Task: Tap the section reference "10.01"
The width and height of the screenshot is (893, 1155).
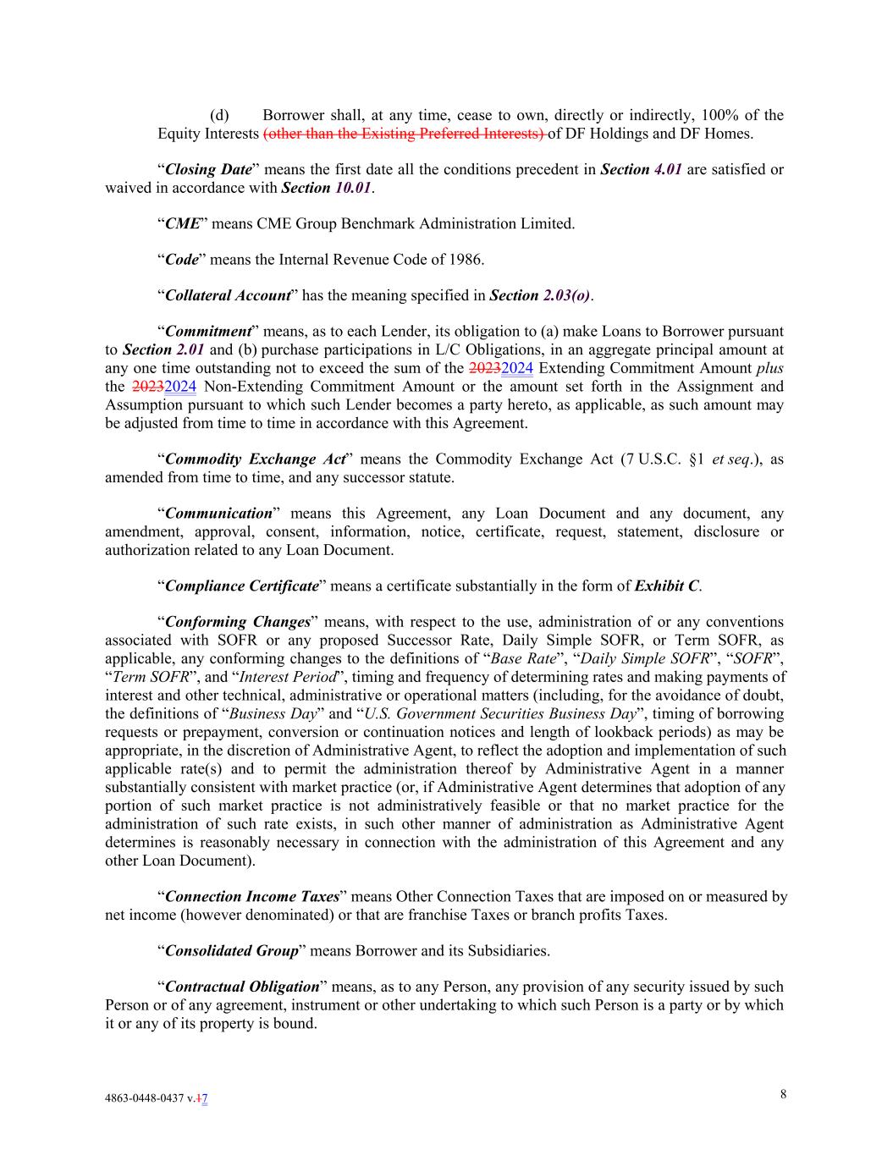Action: [x=353, y=188]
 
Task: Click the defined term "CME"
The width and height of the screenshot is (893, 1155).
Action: [x=182, y=223]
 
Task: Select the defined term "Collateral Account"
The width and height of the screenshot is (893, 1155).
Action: [x=228, y=295]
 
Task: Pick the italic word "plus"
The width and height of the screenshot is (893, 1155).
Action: [x=769, y=367]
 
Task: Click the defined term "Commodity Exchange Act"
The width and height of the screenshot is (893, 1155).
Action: [x=255, y=459]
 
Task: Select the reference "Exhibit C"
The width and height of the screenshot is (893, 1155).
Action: [x=667, y=586]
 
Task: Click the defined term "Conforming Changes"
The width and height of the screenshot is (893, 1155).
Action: [x=238, y=622]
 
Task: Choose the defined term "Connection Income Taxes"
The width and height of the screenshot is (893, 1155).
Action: [x=252, y=896]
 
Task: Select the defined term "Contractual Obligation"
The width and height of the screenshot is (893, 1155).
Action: [x=242, y=987]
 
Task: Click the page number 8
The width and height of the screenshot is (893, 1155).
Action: [x=783, y=1094]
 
